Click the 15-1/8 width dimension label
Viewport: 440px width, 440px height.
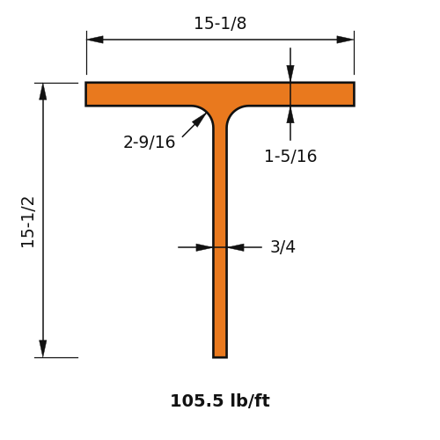point(220,23)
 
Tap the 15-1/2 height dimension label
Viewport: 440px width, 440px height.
point(28,222)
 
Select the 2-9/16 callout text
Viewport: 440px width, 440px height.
point(149,143)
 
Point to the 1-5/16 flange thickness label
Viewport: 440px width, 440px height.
point(290,156)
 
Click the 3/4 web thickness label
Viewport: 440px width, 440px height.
point(282,246)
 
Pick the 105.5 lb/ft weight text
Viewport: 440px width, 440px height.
point(220,400)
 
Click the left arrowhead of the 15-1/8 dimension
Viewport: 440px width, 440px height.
point(95,40)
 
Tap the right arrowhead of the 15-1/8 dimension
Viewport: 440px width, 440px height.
point(345,40)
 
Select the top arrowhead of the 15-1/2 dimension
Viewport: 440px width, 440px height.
point(43,92)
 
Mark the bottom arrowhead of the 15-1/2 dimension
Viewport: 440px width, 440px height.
point(43,349)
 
